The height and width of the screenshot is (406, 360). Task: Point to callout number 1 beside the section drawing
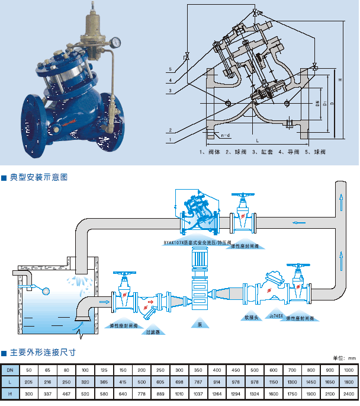pyautogui.click(x=170, y=140)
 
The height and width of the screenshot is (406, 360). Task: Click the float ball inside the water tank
pyautogui.click(x=44, y=290)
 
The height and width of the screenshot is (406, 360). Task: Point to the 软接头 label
pyautogui.click(x=252, y=317)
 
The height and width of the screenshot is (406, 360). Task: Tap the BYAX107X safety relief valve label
pyautogui.click(x=196, y=242)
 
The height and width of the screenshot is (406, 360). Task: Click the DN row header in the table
pyautogui.click(x=10, y=370)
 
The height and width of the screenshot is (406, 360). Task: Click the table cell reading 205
pyautogui.click(x=29, y=382)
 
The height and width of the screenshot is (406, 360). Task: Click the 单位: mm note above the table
pyautogui.click(x=344, y=358)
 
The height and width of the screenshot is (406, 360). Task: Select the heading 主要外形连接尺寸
pyautogui.click(x=43, y=352)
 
